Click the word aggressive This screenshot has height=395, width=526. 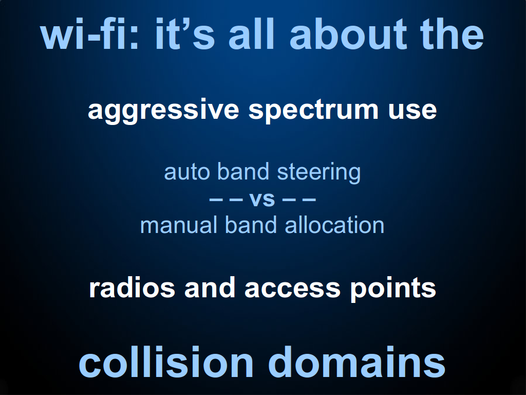click(x=163, y=111)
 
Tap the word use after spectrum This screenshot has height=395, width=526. click(x=412, y=111)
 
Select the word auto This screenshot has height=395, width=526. click(x=188, y=172)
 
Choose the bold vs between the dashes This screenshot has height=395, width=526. click(x=262, y=200)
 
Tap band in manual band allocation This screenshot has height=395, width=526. click(x=251, y=225)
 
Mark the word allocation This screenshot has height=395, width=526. click(x=334, y=225)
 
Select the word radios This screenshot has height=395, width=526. click(x=132, y=288)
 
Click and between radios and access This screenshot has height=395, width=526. click(x=210, y=288)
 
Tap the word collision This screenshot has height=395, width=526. click(x=166, y=362)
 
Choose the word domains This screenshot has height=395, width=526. click(x=356, y=362)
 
